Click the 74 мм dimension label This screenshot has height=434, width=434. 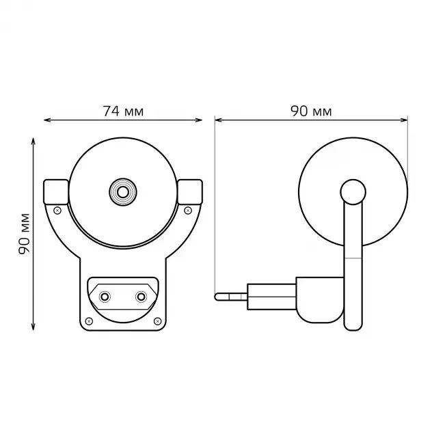[x=123, y=111]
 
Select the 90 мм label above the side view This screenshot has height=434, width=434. [x=311, y=111]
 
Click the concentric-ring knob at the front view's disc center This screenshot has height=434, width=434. [x=123, y=192]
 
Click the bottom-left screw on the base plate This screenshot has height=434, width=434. [x=88, y=321]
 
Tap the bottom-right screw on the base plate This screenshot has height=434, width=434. [x=158, y=321]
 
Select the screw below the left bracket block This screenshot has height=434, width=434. [x=57, y=210]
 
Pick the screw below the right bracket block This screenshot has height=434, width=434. [x=189, y=210]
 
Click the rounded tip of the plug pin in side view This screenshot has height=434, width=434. [x=218, y=296]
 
